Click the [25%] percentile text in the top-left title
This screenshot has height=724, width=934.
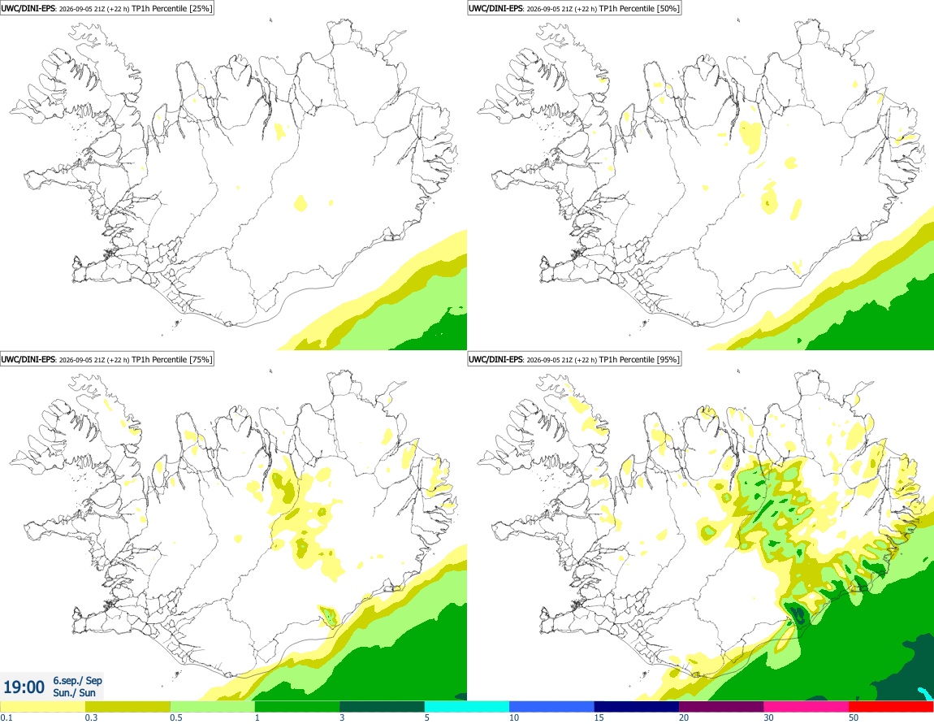coord(200,8)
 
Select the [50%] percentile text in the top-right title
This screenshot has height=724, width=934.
coord(668,8)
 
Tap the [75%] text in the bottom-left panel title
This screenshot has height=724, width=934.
coord(200,359)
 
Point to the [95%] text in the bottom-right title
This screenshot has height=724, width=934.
coord(668,359)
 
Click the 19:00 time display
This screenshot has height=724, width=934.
coord(24,687)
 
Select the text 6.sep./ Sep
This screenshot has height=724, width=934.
coord(77,680)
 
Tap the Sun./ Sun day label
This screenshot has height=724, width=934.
coord(74,692)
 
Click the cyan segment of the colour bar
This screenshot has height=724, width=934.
coord(467,707)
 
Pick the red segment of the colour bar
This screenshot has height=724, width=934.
coord(891,707)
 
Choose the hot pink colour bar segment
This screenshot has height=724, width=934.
coord(806,707)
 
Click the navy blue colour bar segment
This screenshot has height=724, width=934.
coord(637,707)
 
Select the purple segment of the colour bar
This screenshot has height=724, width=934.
coord(721,707)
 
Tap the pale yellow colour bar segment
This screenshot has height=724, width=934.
coord(42,707)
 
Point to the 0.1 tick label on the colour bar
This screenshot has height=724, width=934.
coord(6,717)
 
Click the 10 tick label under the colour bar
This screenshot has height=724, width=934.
coord(514,717)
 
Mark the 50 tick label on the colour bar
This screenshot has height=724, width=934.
coord(854,717)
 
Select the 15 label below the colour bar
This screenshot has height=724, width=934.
coord(599,717)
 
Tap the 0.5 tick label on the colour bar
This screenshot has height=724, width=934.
coord(176,717)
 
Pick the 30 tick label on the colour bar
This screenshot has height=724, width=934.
coord(769,717)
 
